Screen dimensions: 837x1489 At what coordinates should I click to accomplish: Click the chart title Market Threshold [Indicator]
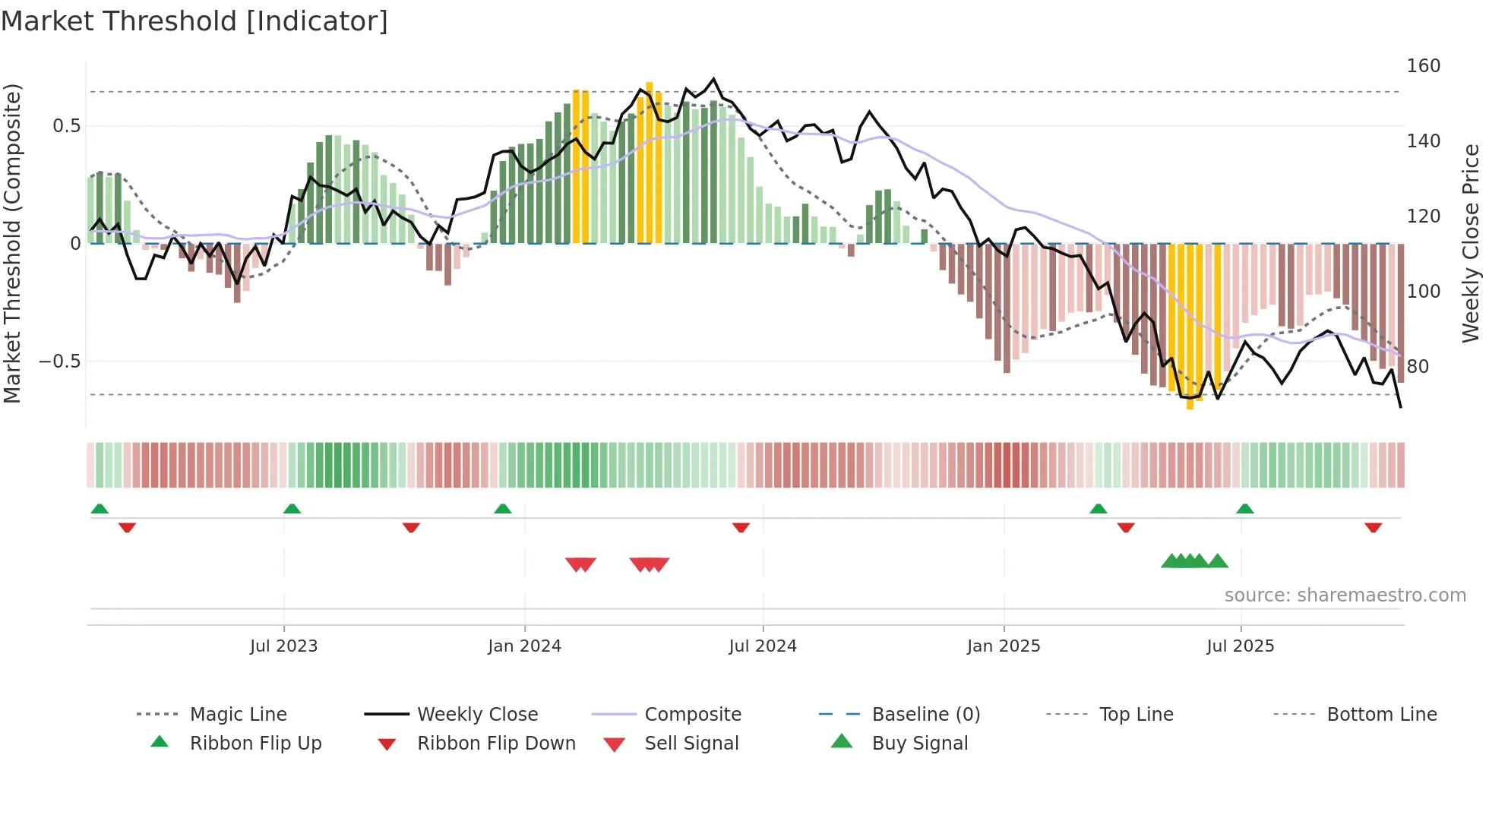[x=194, y=21]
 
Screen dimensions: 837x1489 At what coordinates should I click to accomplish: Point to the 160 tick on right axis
[x=1423, y=66]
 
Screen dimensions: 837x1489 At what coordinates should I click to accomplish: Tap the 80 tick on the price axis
[x=1418, y=367]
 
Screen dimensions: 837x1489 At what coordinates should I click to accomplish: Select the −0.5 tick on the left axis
[x=59, y=362]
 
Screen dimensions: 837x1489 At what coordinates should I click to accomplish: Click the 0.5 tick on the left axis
[x=66, y=126]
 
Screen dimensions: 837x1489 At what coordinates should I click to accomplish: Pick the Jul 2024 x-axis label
[x=763, y=646]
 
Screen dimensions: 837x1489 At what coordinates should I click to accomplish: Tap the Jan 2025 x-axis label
[x=1004, y=646]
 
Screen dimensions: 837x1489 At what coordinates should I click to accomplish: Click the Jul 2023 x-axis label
[x=283, y=646]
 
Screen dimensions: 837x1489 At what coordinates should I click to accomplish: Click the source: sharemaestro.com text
[x=1345, y=595]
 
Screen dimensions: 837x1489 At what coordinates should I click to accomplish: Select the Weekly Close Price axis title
[x=1471, y=243]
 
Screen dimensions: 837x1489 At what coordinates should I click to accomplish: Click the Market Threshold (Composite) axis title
[x=12, y=243]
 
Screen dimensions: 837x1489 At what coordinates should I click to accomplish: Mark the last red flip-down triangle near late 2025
[x=1373, y=528]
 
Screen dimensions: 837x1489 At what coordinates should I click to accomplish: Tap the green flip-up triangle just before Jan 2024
[x=503, y=508]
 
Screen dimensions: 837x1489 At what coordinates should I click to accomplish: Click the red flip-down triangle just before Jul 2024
[x=741, y=528]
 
